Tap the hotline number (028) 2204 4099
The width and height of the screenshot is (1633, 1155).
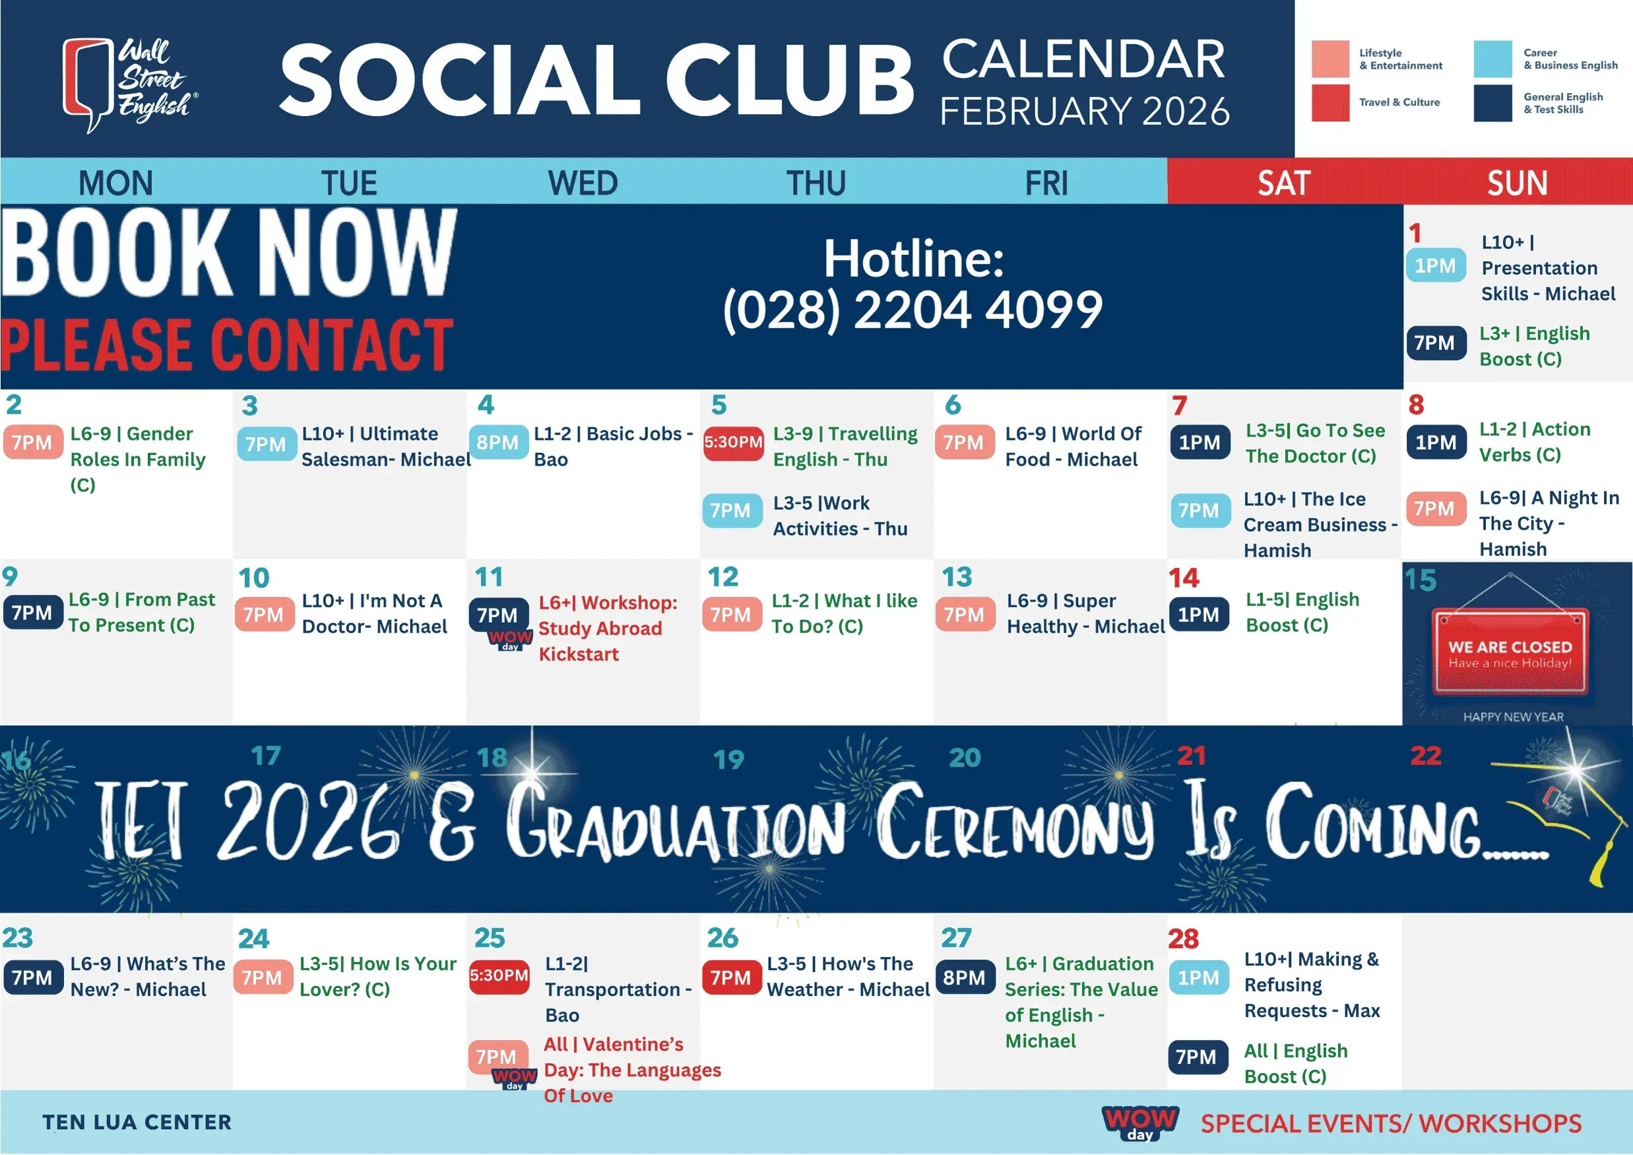[x=913, y=310]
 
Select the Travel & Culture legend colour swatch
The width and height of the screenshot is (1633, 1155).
[x=1330, y=102]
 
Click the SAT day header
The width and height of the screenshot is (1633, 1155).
[x=1284, y=183]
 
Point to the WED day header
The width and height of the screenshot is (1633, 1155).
[x=583, y=183]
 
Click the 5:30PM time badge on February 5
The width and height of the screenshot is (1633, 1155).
[x=733, y=442]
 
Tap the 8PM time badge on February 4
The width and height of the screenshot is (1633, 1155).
[x=498, y=442]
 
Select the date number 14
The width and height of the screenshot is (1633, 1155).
[x=1184, y=578]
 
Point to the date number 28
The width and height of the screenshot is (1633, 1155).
[x=1184, y=938]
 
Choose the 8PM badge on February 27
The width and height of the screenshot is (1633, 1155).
[x=965, y=978]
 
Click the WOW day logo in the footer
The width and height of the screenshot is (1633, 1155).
[x=1140, y=1122]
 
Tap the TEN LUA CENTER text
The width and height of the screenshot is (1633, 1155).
[x=137, y=1122]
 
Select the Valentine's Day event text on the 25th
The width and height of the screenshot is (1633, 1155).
[x=631, y=1070]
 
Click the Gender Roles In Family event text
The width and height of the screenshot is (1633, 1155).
[x=138, y=459]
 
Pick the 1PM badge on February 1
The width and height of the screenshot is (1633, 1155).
[x=1435, y=265]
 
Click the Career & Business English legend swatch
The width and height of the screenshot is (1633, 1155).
[x=1493, y=58]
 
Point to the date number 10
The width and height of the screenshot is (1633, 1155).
[x=254, y=578]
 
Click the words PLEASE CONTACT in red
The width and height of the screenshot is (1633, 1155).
[x=227, y=346]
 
